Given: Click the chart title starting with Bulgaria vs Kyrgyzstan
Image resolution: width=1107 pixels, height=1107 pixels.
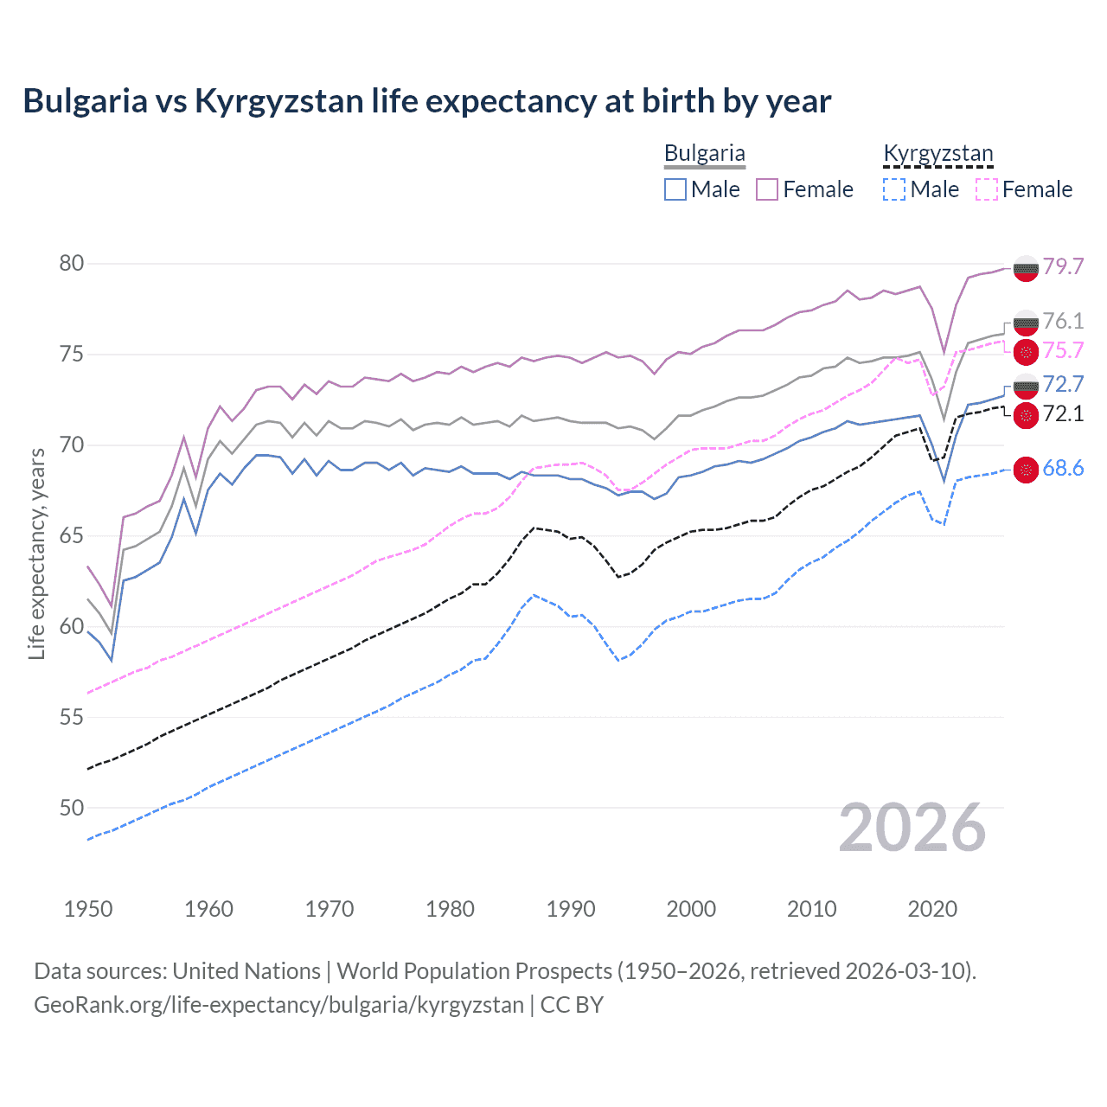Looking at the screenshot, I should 426,101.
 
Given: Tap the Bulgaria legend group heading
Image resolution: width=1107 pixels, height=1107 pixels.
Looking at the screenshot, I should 704,153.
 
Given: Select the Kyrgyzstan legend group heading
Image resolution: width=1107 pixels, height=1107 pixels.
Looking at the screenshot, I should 937,153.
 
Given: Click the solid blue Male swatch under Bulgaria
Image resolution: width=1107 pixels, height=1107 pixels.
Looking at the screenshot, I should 675,189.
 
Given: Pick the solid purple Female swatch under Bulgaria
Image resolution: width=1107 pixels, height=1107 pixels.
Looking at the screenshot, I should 767,189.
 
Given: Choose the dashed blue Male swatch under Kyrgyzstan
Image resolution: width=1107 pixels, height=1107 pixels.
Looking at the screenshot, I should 894,189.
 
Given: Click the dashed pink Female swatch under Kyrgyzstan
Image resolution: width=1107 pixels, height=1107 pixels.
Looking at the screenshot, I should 986,189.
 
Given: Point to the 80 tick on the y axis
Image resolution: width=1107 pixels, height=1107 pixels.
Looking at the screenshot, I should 72,264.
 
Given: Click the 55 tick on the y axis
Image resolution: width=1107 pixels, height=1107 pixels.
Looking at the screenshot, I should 72,717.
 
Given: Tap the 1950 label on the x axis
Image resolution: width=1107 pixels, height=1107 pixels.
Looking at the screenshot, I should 88,909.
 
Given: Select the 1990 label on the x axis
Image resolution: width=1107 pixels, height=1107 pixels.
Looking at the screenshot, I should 571,909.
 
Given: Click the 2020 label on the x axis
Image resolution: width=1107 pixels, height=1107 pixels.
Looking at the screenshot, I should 932,909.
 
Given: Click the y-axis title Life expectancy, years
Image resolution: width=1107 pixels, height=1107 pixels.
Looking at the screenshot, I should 36,553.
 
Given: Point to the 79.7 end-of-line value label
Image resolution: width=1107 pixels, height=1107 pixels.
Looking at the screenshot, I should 1063,266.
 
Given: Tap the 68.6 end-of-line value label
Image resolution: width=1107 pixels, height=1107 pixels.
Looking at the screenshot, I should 1063,469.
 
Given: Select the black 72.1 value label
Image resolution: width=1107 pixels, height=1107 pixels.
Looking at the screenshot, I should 1063,414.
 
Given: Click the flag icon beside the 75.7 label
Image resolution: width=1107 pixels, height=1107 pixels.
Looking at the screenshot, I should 1026,351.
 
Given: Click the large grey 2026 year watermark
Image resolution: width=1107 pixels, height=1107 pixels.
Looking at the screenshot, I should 912,828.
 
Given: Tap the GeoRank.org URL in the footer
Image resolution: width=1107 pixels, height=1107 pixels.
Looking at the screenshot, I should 278,1005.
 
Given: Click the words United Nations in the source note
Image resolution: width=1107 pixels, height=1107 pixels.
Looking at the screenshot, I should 246,971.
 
